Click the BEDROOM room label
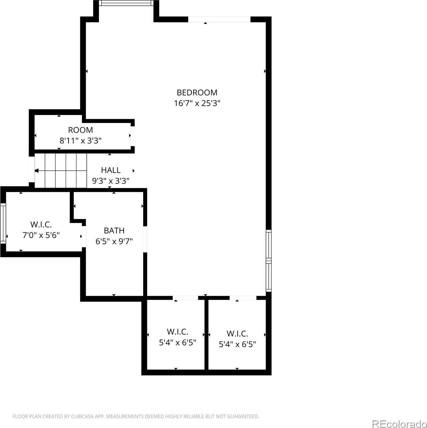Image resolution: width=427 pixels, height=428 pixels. (197, 93)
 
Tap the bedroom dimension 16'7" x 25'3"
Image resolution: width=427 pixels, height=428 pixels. (197, 104)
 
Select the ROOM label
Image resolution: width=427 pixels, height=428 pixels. (80, 130)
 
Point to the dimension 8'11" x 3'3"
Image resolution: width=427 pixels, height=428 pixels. (80, 141)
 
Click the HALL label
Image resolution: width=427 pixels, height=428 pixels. (111, 170)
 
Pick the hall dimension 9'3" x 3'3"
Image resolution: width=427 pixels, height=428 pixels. (111, 181)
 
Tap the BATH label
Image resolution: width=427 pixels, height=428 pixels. (114, 231)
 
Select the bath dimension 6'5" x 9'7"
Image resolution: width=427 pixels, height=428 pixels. (114, 241)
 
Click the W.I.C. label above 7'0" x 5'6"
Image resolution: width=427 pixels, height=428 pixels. (41, 225)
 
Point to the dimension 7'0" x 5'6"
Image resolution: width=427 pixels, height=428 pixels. (41, 235)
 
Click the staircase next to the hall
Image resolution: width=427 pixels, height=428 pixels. (61, 171)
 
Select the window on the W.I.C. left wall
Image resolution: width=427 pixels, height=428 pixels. (3, 223)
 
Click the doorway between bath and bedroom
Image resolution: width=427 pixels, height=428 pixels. (145, 239)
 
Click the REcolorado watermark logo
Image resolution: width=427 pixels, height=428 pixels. (400, 424)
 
